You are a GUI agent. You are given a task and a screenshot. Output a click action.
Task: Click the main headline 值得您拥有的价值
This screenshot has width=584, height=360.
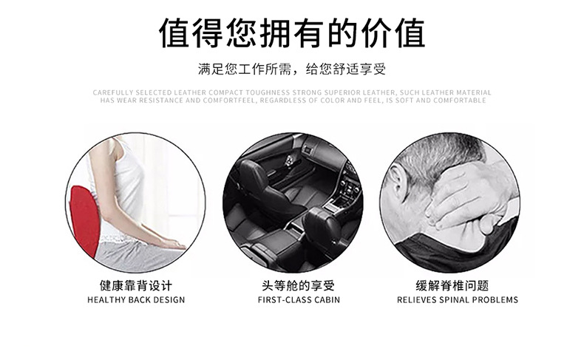[292, 33]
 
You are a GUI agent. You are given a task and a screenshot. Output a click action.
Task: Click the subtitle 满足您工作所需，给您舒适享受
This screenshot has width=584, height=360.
[292, 69]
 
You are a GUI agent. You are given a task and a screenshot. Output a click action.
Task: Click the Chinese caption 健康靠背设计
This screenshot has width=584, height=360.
[136, 285]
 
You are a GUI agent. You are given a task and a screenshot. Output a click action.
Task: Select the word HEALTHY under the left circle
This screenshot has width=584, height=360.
[103, 299]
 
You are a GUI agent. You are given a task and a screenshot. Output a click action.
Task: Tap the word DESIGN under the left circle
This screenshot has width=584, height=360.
[169, 299]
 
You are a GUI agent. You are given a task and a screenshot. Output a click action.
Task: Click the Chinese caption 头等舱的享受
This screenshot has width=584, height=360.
[299, 285]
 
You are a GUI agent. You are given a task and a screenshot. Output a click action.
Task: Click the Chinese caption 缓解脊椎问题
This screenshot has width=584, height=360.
[452, 285]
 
